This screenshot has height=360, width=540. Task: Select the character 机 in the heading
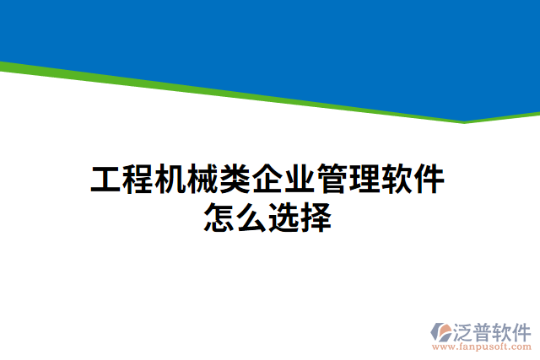click(x=170, y=180)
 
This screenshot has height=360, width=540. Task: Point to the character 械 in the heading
click(x=202, y=180)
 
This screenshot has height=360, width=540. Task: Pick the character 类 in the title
click(x=235, y=180)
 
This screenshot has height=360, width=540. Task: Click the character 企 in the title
click(x=268, y=180)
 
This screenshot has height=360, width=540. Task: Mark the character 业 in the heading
click(x=300, y=180)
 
